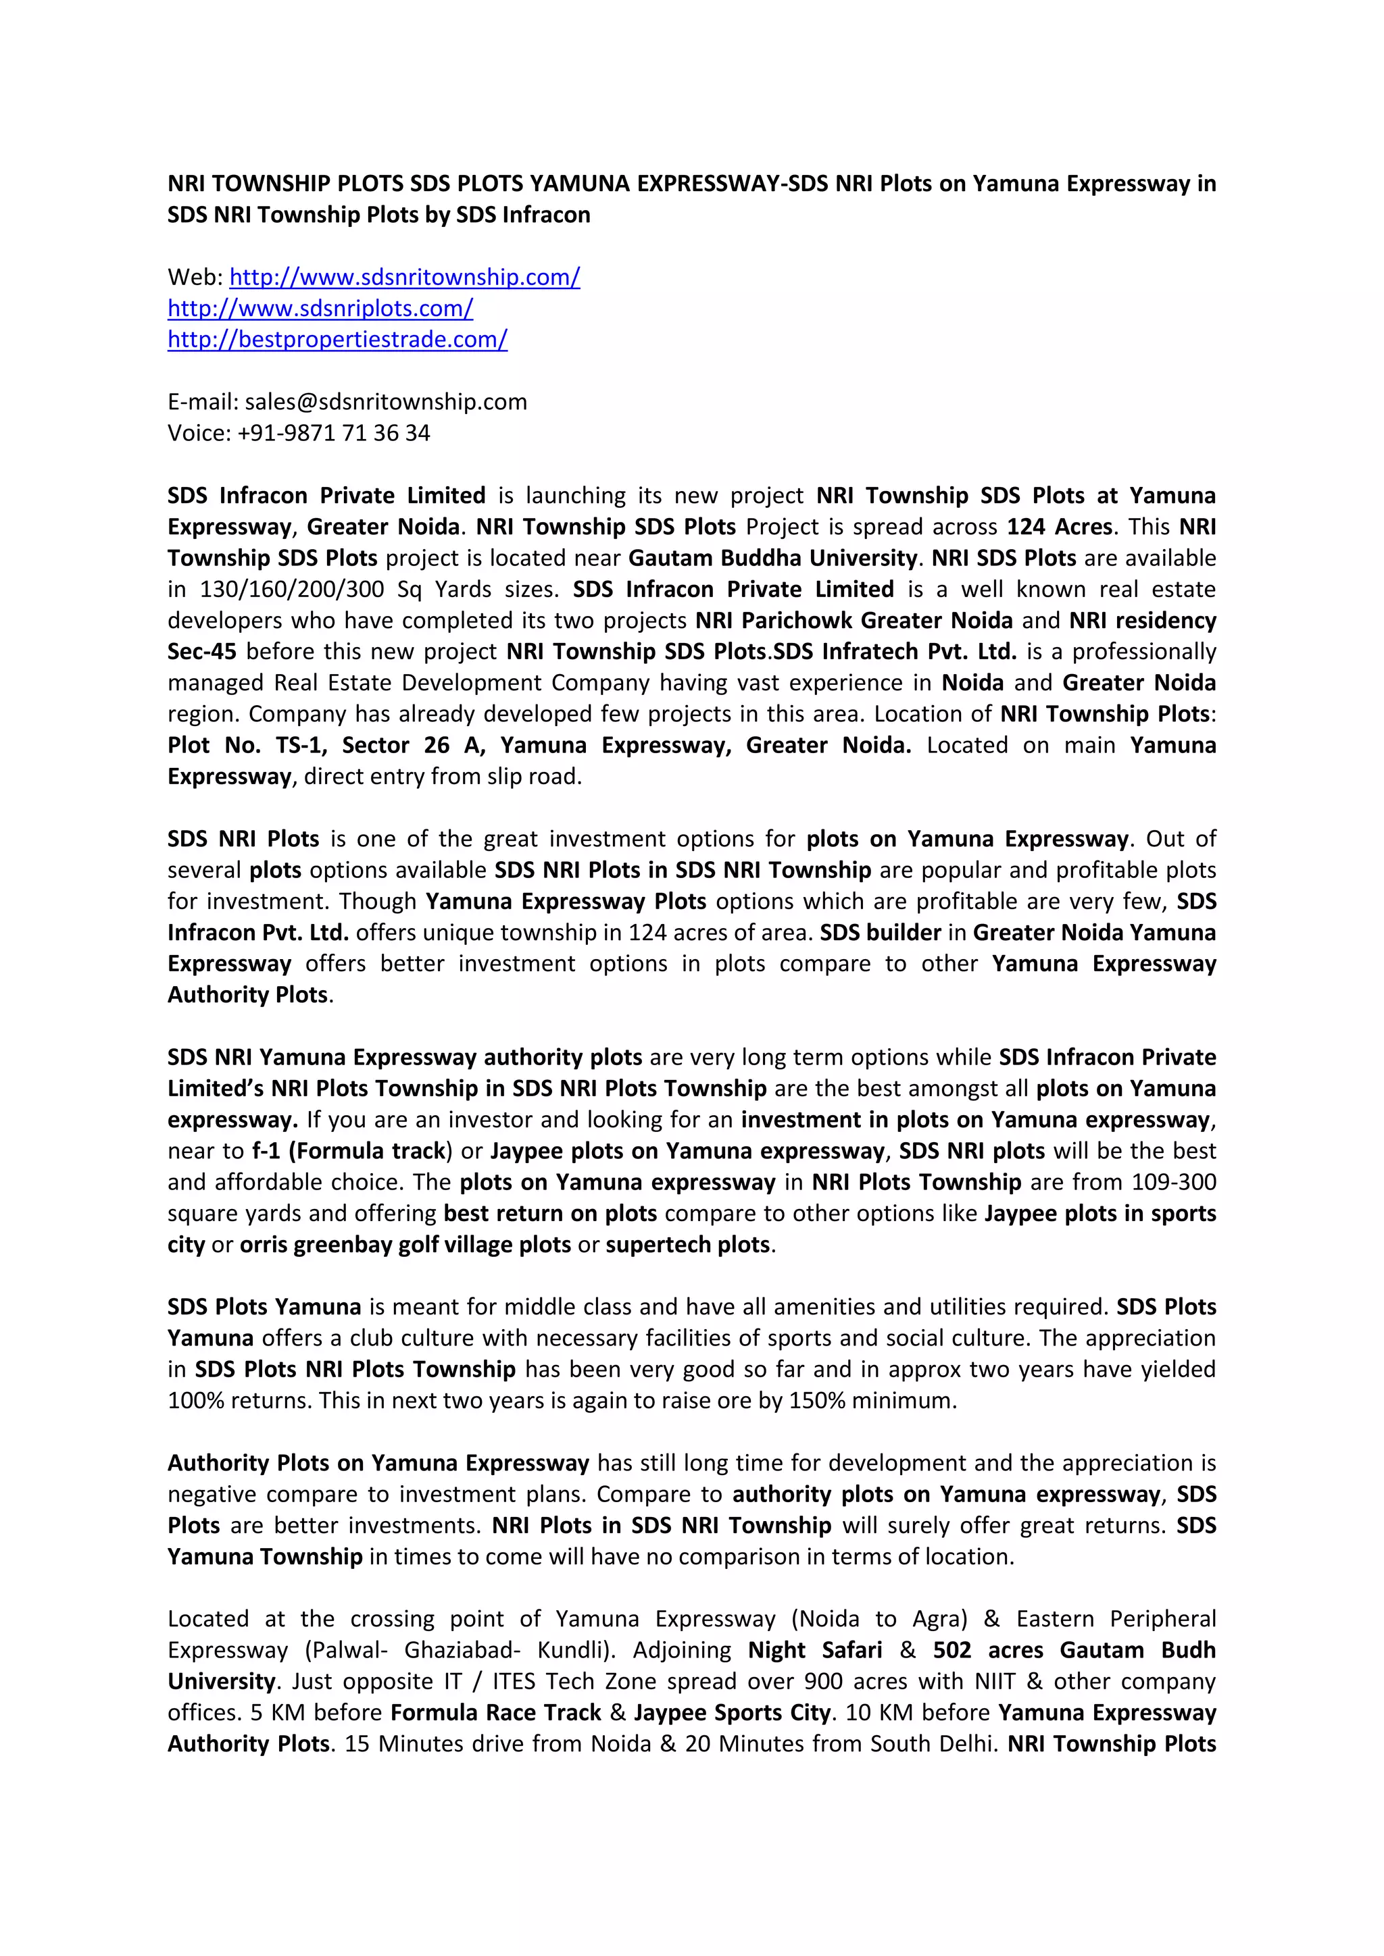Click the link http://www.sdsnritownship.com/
coord(405,277)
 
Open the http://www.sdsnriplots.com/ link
coord(320,309)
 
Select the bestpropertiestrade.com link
coord(337,339)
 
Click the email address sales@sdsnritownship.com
coord(385,402)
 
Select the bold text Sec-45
coord(202,652)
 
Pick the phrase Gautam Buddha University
coord(773,558)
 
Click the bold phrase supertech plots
coord(688,1245)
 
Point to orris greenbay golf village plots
coord(405,1245)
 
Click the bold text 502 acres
coord(988,1650)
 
